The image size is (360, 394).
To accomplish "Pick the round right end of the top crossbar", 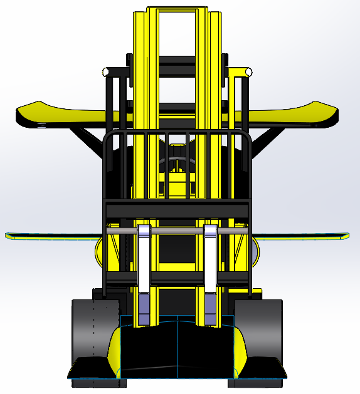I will [250, 73].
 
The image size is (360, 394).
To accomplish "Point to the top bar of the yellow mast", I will [177, 9].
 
